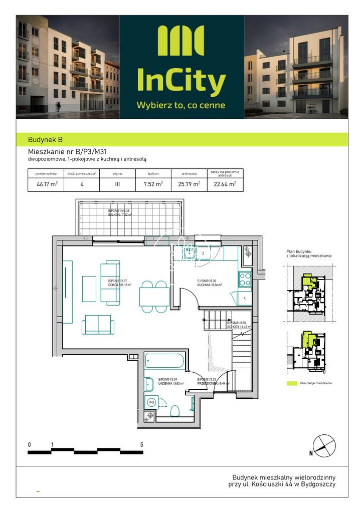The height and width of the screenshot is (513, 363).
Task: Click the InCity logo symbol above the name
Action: click(180, 41)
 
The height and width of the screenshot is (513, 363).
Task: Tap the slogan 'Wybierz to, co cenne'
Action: click(180, 105)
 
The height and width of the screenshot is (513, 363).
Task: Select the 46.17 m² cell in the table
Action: click(47, 184)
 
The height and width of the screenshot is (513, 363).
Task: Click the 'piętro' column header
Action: click(117, 173)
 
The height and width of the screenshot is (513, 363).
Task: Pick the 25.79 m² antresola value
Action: click(189, 184)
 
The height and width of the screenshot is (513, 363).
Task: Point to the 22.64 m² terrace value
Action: click(225, 184)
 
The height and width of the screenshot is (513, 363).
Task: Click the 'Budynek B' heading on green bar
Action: click(46, 140)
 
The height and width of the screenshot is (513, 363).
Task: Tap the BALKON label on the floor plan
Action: click(119, 214)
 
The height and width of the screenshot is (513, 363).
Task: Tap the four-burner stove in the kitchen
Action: click(245, 279)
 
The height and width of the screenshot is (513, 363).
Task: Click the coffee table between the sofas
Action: click(89, 289)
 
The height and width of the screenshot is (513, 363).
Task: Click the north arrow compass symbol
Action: click(323, 445)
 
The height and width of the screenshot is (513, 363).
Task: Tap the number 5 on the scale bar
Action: click(142, 444)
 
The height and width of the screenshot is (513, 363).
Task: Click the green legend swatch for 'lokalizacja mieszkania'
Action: click(291, 383)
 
